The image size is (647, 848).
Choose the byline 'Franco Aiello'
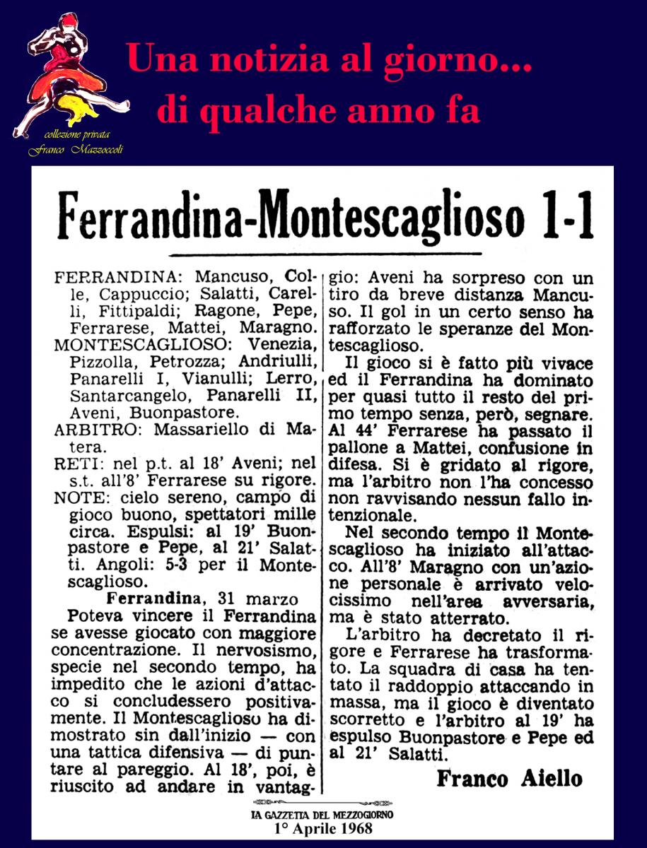pos(509,779)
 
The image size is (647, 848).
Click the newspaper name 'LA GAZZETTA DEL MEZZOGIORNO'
pos(322,815)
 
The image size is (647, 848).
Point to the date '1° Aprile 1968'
pos(322,828)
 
